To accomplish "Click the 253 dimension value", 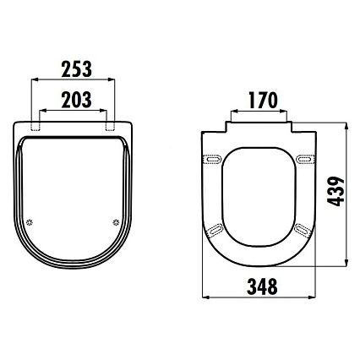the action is (x=77, y=69).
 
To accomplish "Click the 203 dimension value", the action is (x=77, y=100).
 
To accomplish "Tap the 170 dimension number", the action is (x=263, y=101).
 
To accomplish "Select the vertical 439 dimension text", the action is (x=335, y=191).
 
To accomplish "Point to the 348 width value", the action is (x=262, y=286).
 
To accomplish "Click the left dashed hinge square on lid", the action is (x=35, y=126).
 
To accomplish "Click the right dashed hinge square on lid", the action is (x=110, y=126).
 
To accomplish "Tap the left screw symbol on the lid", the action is (x=30, y=222).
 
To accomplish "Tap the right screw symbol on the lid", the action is (x=116, y=222).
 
